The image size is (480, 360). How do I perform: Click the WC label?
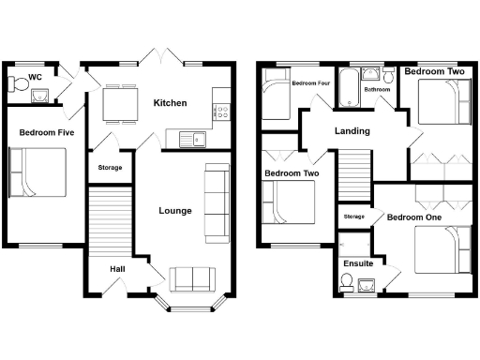[35, 76]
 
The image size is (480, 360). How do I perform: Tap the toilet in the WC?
[14, 85]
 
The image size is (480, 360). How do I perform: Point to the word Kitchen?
[171, 103]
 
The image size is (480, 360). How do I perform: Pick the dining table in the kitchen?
[118, 103]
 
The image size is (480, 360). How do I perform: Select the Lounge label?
[175, 211]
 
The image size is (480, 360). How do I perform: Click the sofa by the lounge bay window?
[191, 278]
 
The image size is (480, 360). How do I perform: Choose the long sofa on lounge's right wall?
[217, 202]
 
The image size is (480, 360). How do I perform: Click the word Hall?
[117, 269]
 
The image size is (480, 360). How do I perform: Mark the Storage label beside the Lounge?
[111, 169]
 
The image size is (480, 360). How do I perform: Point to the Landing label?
[352, 131]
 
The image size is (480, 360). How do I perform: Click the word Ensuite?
[358, 263]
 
